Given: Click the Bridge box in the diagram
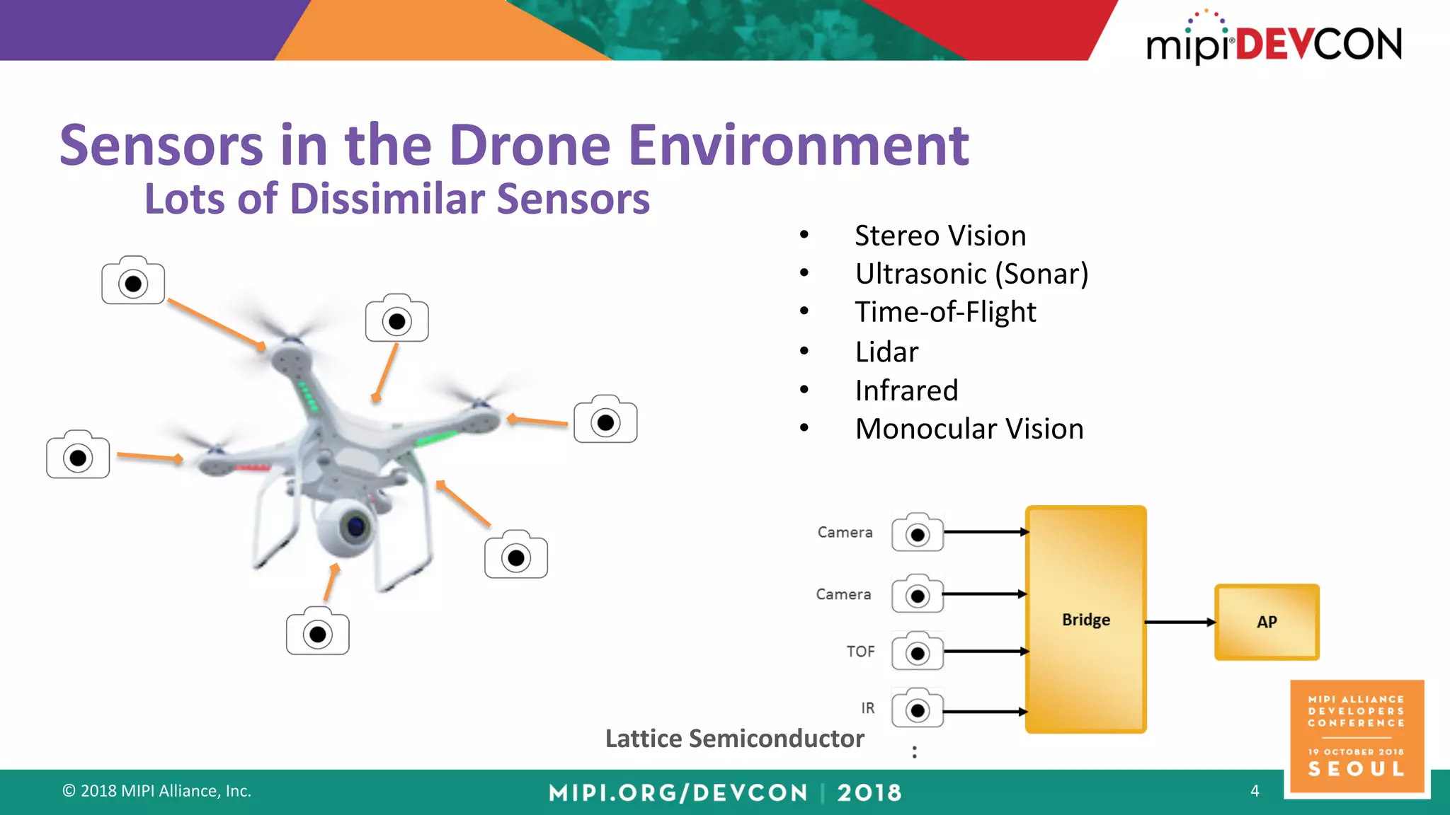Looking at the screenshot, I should [1085, 619].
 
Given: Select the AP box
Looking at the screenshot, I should [1267, 622].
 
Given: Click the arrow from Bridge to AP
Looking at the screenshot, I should [1180, 622].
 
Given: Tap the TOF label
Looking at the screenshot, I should [860, 652].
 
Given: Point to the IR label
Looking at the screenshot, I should [867, 708].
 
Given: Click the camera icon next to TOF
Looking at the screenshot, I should [918, 652].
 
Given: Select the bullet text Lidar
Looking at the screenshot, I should [886, 352].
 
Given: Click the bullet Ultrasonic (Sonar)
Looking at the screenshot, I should [971, 274].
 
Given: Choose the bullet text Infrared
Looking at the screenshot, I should [906, 391].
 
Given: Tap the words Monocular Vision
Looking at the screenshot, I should [969, 429].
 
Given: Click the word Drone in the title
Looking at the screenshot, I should [530, 146].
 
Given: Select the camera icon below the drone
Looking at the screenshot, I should [318, 632].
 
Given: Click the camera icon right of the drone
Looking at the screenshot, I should [605, 420].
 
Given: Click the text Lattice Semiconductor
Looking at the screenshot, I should [734, 739].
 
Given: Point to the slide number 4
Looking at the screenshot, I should [1255, 791].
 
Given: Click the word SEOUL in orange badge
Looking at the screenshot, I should [1356, 769].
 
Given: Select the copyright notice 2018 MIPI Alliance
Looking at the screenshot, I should [156, 791].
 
